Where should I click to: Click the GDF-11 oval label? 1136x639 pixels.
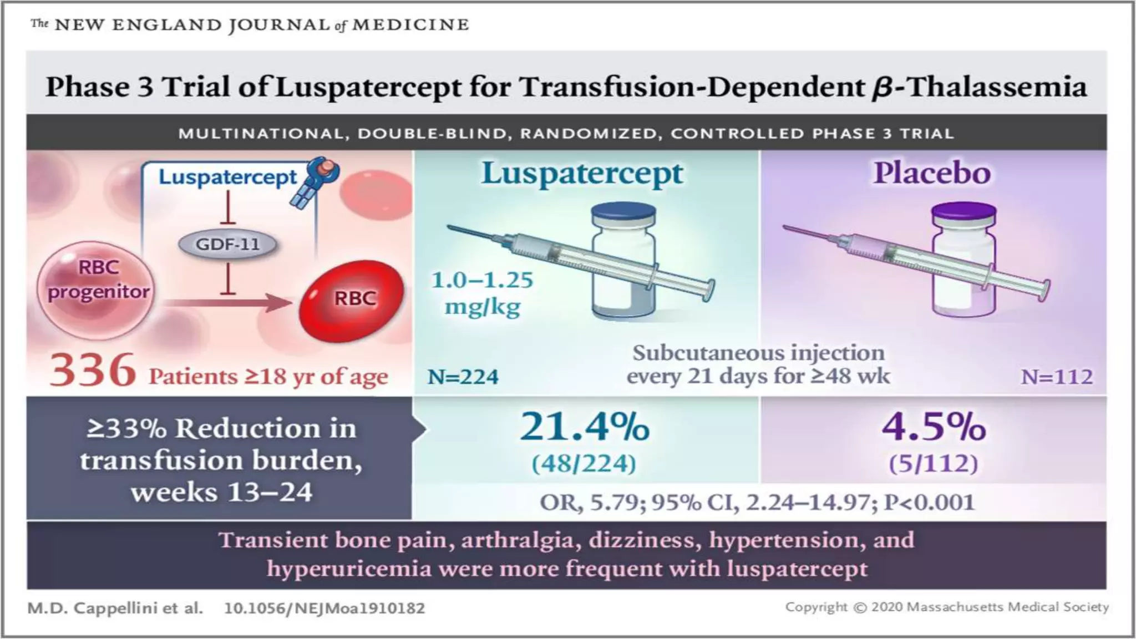pos(227,244)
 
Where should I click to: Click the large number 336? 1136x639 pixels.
pos(93,370)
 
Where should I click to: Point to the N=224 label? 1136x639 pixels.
pos(463,377)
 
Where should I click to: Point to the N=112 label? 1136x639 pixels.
pos(1057,377)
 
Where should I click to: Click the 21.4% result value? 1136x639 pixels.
pos(584,427)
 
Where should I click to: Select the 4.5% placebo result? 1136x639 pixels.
pos(934,427)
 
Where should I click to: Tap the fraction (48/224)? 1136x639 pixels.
pos(584,464)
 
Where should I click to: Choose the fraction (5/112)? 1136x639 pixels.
pos(934,464)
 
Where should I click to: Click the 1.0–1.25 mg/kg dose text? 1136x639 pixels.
pos(483,293)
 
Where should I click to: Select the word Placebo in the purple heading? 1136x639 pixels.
pos(932,173)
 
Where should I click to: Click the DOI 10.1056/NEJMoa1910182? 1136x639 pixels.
pos(324,608)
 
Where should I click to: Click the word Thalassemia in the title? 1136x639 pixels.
pos(996,87)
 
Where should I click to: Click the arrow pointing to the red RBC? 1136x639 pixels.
pos(227,303)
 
